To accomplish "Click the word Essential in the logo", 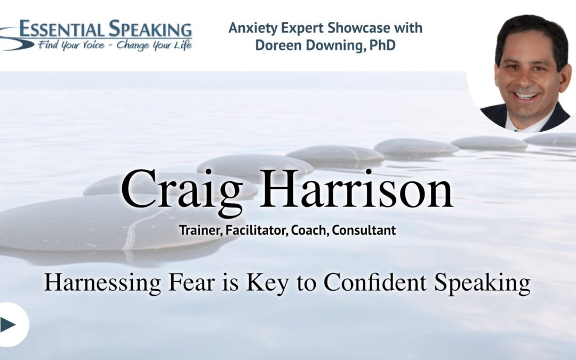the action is [62, 29].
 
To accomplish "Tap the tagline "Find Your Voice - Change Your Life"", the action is [115, 45].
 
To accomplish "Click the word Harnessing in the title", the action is [102, 283].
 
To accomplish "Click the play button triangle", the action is [7, 324].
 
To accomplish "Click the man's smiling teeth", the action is [526, 96].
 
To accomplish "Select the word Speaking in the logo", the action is [150, 30].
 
